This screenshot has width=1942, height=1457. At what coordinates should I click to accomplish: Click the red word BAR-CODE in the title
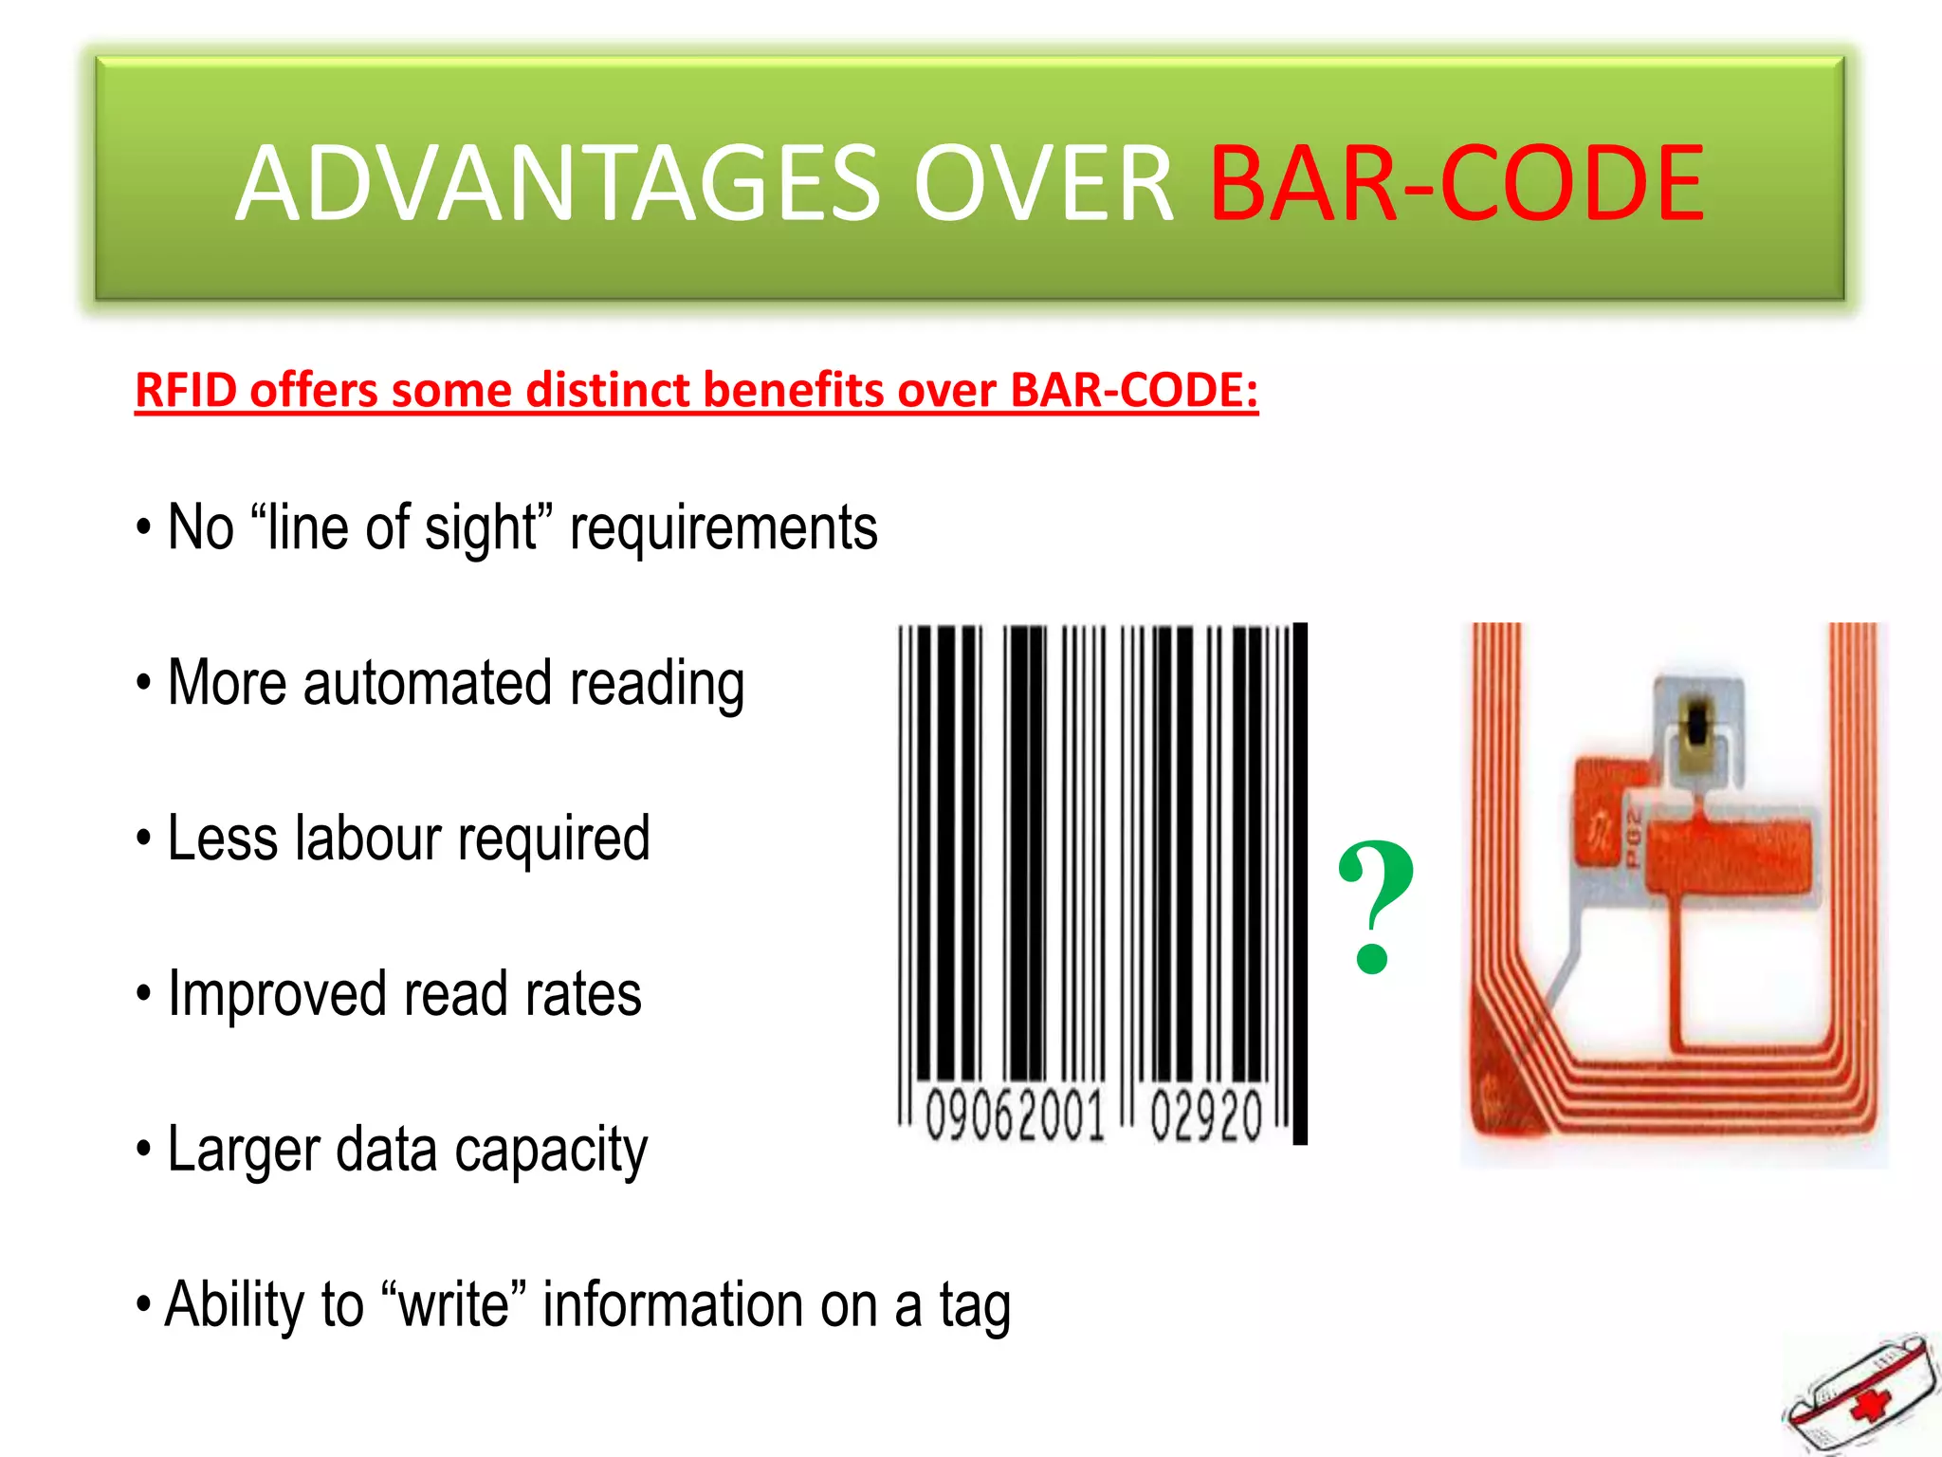click(1456, 183)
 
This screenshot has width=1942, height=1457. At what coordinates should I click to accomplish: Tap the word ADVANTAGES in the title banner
click(559, 183)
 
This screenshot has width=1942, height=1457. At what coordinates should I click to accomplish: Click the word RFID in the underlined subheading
click(186, 390)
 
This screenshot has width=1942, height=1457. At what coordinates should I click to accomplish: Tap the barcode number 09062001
click(1015, 1116)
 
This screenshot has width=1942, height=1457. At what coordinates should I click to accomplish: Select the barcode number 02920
click(1206, 1116)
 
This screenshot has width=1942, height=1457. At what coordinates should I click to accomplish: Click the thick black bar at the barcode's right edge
click(1300, 882)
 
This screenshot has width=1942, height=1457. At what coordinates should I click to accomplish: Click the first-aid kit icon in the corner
click(1859, 1394)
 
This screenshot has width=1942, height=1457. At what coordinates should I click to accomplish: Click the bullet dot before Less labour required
click(143, 839)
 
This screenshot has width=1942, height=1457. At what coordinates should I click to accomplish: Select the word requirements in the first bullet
click(724, 528)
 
